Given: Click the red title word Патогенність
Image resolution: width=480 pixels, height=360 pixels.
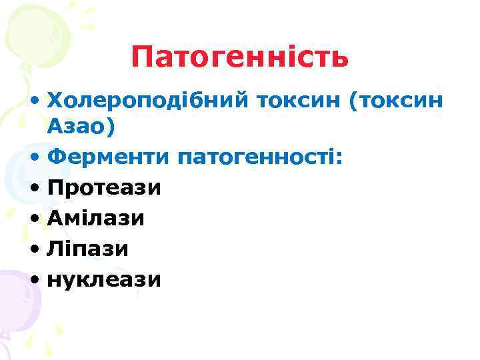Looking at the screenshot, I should click(x=239, y=57).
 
